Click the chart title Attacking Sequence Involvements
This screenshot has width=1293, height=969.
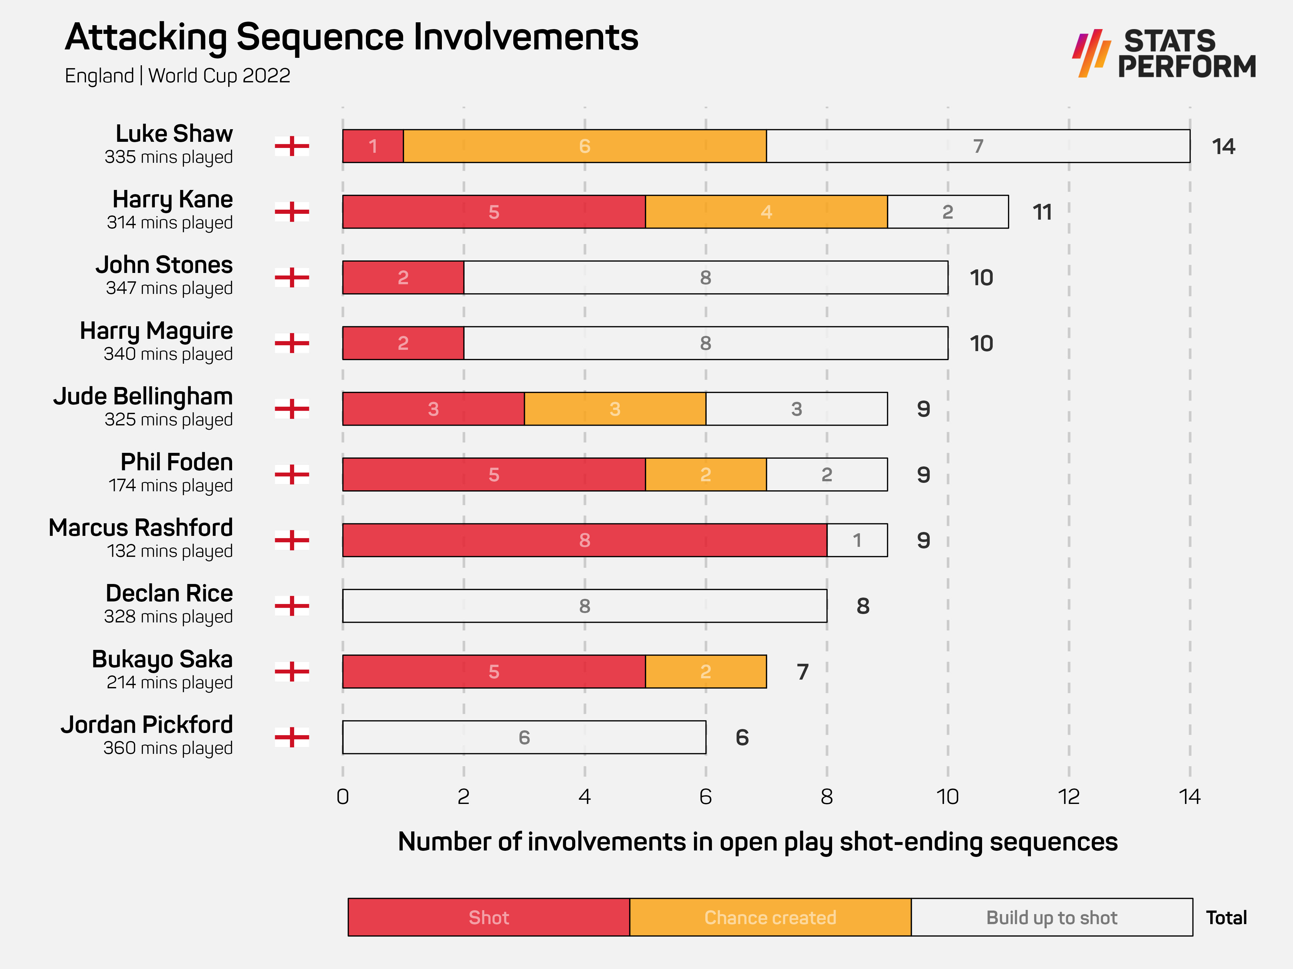[x=351, y=37]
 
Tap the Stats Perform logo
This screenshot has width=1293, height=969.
[x=1163, y=54]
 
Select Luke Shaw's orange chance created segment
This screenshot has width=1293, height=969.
[x=584, y=146]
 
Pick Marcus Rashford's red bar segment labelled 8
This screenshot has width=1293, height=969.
[x=584, y=540]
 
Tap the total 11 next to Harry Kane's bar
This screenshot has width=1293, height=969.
[x=1042, y=212]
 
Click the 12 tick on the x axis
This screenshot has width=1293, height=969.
[x=1069, y=797]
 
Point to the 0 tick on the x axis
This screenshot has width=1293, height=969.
[x=343, y=797]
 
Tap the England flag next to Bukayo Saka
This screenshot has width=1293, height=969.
[x=292, y=672]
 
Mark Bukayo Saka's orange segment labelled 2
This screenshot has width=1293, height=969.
[x=706, y=672]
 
